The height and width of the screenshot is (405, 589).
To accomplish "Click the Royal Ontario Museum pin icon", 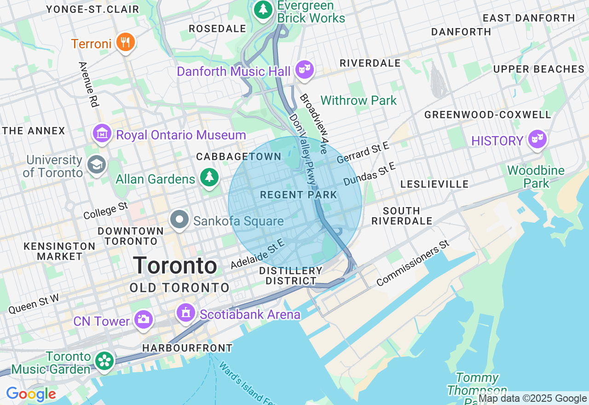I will [x=102, y=134].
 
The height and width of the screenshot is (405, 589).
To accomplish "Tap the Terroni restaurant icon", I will [x=125, y=43].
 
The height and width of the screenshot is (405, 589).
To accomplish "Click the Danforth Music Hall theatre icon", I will [x=304, y=70].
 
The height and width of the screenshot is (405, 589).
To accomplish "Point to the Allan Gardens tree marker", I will [x=209, y=178].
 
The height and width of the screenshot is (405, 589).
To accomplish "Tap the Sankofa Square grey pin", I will [x=179, y=220].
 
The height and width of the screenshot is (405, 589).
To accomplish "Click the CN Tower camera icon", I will [x=143, y=319].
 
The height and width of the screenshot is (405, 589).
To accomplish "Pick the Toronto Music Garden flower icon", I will [x=104, y=361].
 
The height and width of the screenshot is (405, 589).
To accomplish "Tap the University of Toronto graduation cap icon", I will [x=97, y=165].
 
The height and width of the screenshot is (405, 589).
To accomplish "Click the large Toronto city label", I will [x=175, y=266].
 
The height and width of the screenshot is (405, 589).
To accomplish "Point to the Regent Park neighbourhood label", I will [x=299, y=195].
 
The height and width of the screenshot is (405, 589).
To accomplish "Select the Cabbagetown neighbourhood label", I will [x=239, y=157].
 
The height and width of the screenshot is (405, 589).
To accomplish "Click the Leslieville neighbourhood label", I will [x=434, y=185].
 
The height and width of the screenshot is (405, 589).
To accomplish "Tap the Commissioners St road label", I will [x=412, y=262].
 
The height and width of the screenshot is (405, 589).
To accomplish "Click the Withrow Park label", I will [x=358, y=100].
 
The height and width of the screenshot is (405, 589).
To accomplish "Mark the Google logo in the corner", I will [x=31, y=394].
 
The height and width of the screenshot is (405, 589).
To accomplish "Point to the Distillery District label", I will [x=291, y=276].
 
